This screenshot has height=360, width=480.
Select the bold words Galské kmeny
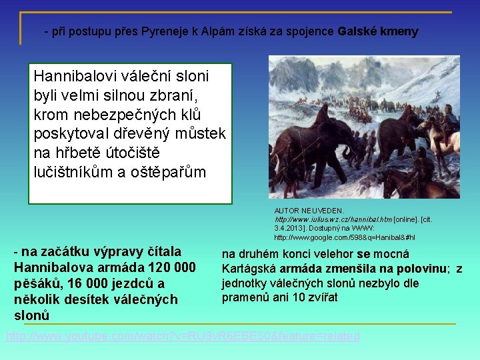click(378, 31)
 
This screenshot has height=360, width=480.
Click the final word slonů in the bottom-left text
click(32, 314)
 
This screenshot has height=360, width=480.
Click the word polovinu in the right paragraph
click(417, 269)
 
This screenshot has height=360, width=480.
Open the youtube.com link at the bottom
click(183, 336)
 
